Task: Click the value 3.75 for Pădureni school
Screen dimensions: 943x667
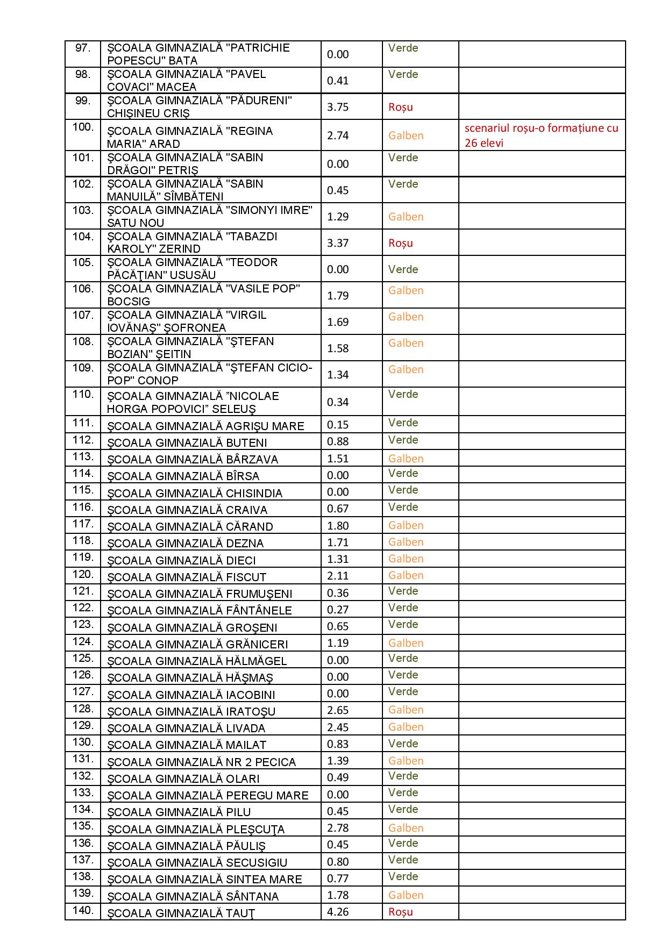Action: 338,107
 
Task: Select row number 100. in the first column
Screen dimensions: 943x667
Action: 83,127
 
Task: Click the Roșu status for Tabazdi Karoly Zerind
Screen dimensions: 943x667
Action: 401,243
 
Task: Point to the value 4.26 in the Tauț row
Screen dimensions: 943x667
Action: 338,912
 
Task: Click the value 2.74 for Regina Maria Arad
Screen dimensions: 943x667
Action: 338,135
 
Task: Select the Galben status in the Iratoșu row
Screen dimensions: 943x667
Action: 406,710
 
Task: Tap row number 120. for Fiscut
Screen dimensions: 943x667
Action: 83,574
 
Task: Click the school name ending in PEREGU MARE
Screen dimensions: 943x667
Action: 208,796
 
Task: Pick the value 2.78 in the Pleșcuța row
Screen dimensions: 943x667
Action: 338,828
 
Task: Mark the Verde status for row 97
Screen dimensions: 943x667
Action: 403,48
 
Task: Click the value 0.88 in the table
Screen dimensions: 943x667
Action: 338,441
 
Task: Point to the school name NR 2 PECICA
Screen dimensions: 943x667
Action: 201,762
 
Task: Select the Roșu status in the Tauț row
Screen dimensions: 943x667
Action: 401,912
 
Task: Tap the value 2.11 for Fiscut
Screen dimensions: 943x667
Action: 338,576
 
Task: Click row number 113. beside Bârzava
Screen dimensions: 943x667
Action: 83,456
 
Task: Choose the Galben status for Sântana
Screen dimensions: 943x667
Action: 406,895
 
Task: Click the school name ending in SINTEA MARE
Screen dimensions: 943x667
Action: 204,880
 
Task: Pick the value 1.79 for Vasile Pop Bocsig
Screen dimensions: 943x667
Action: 338,296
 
